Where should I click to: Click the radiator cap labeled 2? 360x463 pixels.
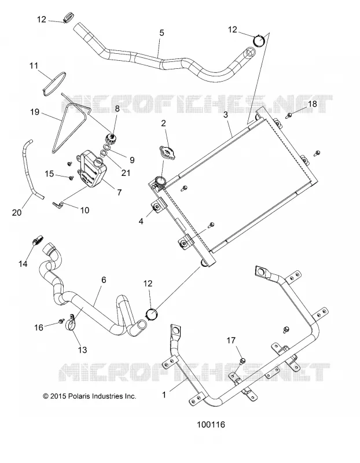(x=167, y=152)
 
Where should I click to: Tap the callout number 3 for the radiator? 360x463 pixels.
(x=226, y=115)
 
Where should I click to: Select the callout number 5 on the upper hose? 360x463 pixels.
(x=161, y=33)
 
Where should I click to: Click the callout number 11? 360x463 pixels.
(x=34, y=65)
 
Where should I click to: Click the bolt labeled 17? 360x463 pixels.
(x=241, y=361)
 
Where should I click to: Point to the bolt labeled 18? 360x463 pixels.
(x=289, y=115)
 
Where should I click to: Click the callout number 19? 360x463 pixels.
(x=35, y=112)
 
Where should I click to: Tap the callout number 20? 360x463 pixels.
(x=17, y=212)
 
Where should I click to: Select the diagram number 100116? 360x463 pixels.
(x=211, y=425)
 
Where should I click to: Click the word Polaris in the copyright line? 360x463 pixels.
(x=79, y=396)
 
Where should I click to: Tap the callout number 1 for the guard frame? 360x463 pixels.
(x=164, y=395)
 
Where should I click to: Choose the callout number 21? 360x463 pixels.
(x=126, y=172)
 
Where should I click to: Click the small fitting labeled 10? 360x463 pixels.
(x=59, y=203)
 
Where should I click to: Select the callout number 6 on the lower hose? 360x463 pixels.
(x=104, y=280)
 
